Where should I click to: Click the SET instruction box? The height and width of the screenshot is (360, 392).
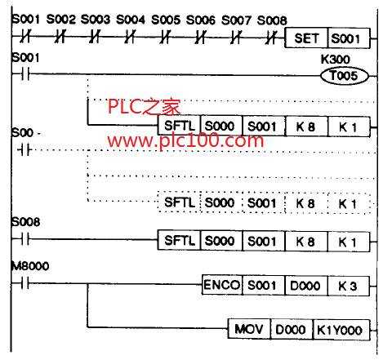(306, 38)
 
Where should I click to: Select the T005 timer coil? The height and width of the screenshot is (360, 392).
(345, 76)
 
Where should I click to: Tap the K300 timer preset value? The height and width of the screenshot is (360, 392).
(336, 59)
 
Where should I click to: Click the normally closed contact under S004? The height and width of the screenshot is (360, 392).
(130, 37)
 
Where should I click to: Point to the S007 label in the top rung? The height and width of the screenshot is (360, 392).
(236, 20)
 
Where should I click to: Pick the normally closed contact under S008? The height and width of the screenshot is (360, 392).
(271, 38)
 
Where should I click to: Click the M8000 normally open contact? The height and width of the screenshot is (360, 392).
(25, 283)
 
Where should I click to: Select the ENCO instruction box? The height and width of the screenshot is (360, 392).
(221, 285)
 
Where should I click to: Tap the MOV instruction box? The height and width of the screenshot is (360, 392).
(249, 329)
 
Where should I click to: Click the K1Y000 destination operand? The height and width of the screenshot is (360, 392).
(341, 330)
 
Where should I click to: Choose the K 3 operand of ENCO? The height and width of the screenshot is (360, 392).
(348, 286)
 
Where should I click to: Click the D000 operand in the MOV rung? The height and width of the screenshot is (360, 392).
(292, 330)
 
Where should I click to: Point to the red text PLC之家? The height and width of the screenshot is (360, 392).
(145, 107)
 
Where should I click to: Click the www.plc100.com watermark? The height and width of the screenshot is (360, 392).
(185, 141)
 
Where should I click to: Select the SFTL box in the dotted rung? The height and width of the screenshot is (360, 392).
(179, 202)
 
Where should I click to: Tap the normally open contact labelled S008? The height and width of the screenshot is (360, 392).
(25, 239)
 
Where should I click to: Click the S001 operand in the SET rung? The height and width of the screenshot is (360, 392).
(349, 38)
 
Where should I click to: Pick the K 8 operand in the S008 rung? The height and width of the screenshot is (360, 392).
(306, 242)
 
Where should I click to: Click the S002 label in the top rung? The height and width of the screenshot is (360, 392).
(61, 20)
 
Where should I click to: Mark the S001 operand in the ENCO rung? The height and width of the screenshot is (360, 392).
(263, 286)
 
